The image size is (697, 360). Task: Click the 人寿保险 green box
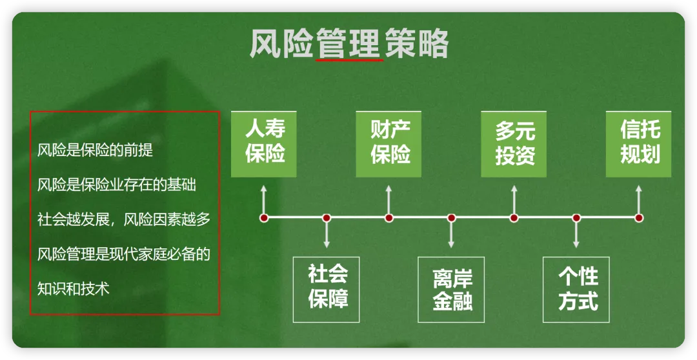264,144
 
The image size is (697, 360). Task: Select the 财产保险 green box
389,144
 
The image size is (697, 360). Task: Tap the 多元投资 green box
514,144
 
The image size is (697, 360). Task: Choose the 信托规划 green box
638,144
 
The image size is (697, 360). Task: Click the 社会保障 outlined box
327,289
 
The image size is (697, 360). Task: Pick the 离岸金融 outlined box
452,289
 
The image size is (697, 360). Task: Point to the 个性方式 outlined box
577,289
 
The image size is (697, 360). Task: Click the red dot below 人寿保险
264,218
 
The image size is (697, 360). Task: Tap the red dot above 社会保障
327,218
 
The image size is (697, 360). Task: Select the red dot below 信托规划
639,218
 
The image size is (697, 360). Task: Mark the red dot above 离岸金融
452,218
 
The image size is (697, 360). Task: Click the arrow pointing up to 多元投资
514,199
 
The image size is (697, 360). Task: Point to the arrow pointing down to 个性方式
577,235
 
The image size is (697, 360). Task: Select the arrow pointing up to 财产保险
389,199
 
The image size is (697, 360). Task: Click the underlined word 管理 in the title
349,45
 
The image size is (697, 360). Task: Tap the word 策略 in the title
417,45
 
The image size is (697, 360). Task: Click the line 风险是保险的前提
95,151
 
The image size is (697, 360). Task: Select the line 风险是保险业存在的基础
117,185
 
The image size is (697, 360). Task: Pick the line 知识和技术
74,288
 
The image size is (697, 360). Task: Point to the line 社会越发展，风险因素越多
124,219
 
